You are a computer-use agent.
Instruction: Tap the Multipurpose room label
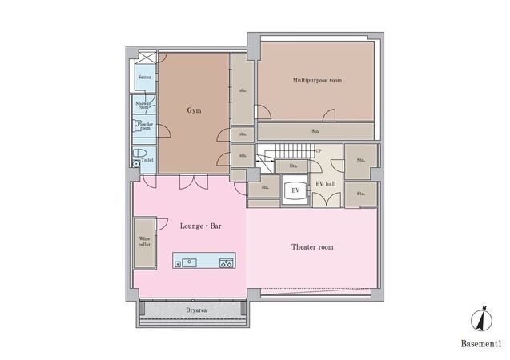(317, 80)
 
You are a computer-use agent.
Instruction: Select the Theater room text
(311, 247)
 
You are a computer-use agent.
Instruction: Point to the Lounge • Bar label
(201, 226)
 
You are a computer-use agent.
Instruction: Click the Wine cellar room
(144, 241)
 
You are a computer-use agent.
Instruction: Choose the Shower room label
(143, 105)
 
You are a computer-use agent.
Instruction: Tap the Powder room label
(145, 126)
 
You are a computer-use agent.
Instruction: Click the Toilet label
(147, 160)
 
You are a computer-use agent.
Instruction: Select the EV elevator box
(295, 190)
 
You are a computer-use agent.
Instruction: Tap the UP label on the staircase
(319, 151)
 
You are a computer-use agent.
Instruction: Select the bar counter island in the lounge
(203, 262)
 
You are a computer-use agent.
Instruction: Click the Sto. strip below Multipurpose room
(315, 130)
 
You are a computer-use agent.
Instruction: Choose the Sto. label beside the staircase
(293, 166)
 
